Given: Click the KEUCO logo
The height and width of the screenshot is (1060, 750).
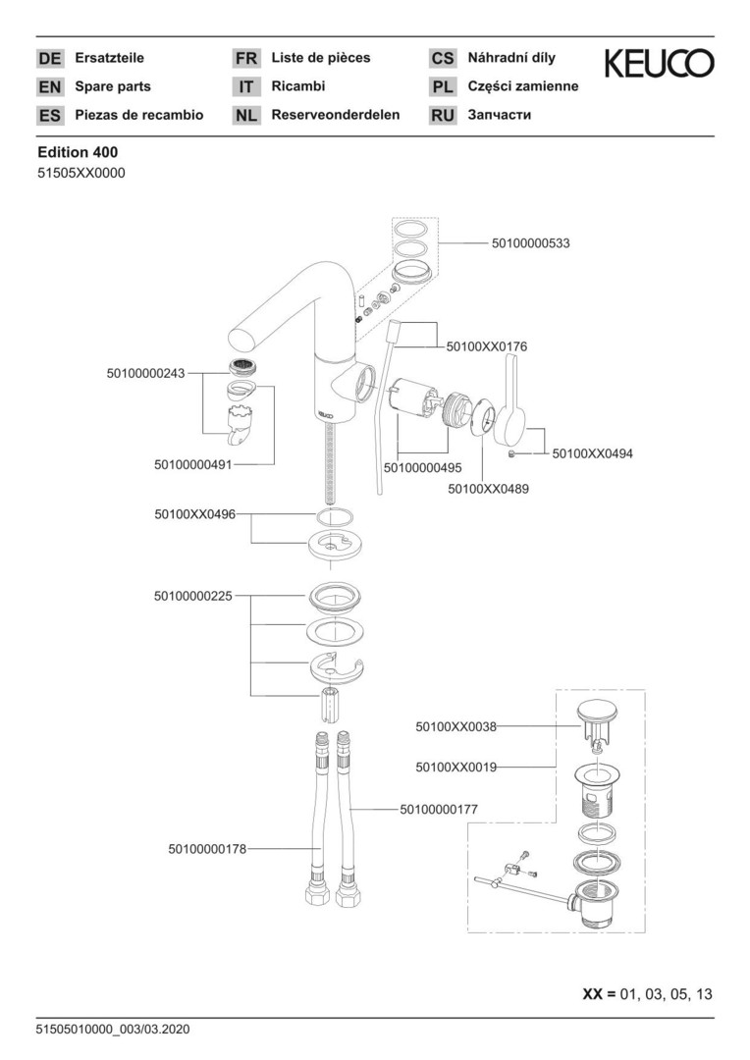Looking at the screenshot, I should (659, 64).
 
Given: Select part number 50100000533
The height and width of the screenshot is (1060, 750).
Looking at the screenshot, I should (530, 242).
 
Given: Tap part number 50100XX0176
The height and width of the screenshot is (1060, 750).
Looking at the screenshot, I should (486, 346).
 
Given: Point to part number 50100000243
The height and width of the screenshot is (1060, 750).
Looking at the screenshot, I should (145, 373).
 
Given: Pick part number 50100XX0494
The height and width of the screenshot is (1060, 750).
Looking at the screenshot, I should (593, 453).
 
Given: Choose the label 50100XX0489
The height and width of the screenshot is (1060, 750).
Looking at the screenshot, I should (488, 488).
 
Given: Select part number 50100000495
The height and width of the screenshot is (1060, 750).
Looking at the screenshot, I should (422, 468).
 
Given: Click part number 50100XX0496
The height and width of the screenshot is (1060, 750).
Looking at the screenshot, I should (193, 513).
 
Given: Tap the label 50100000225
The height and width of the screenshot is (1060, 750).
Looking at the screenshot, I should (193, 596).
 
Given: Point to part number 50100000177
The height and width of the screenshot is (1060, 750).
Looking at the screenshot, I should (439, 809).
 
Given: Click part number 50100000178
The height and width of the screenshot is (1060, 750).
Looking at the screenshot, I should (207, 848).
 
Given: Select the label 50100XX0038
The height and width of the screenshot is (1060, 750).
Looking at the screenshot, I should (455, 727).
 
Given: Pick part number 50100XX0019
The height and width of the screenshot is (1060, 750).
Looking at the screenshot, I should (455, 765).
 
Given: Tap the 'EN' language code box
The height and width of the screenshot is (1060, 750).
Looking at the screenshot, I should (49, 87).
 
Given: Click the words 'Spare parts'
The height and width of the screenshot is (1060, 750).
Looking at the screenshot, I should (113, 86).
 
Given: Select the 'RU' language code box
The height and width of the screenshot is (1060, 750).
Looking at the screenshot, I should (443, 116).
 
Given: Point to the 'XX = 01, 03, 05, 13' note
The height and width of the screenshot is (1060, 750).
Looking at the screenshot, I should (648, 994).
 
